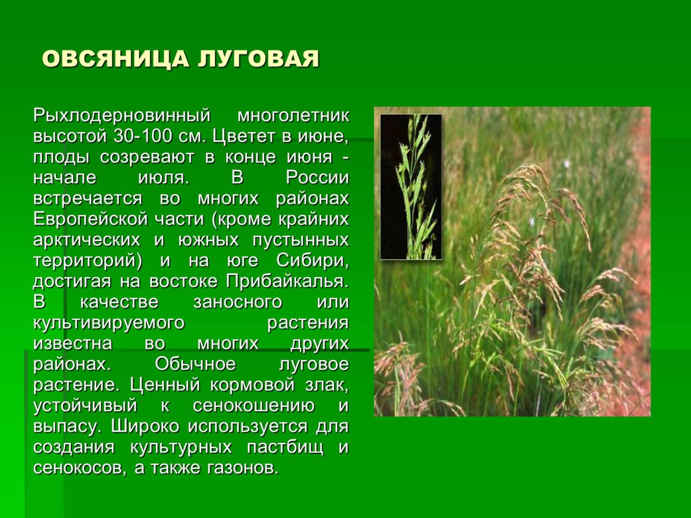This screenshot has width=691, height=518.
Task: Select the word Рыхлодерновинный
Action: point(122,116)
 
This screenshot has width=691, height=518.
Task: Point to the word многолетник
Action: point(293,116)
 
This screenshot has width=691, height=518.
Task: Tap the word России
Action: point(317,178)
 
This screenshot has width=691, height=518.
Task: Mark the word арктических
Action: point(86,240)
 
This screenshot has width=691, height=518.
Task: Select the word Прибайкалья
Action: point(287,282)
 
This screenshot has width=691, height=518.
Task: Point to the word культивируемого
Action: point(108,323)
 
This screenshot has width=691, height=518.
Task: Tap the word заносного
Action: point(238,302)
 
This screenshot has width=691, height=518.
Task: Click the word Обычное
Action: point(195,364)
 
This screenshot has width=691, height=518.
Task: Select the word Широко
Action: point(146,426)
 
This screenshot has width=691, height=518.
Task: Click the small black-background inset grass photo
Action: point(411,187)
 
